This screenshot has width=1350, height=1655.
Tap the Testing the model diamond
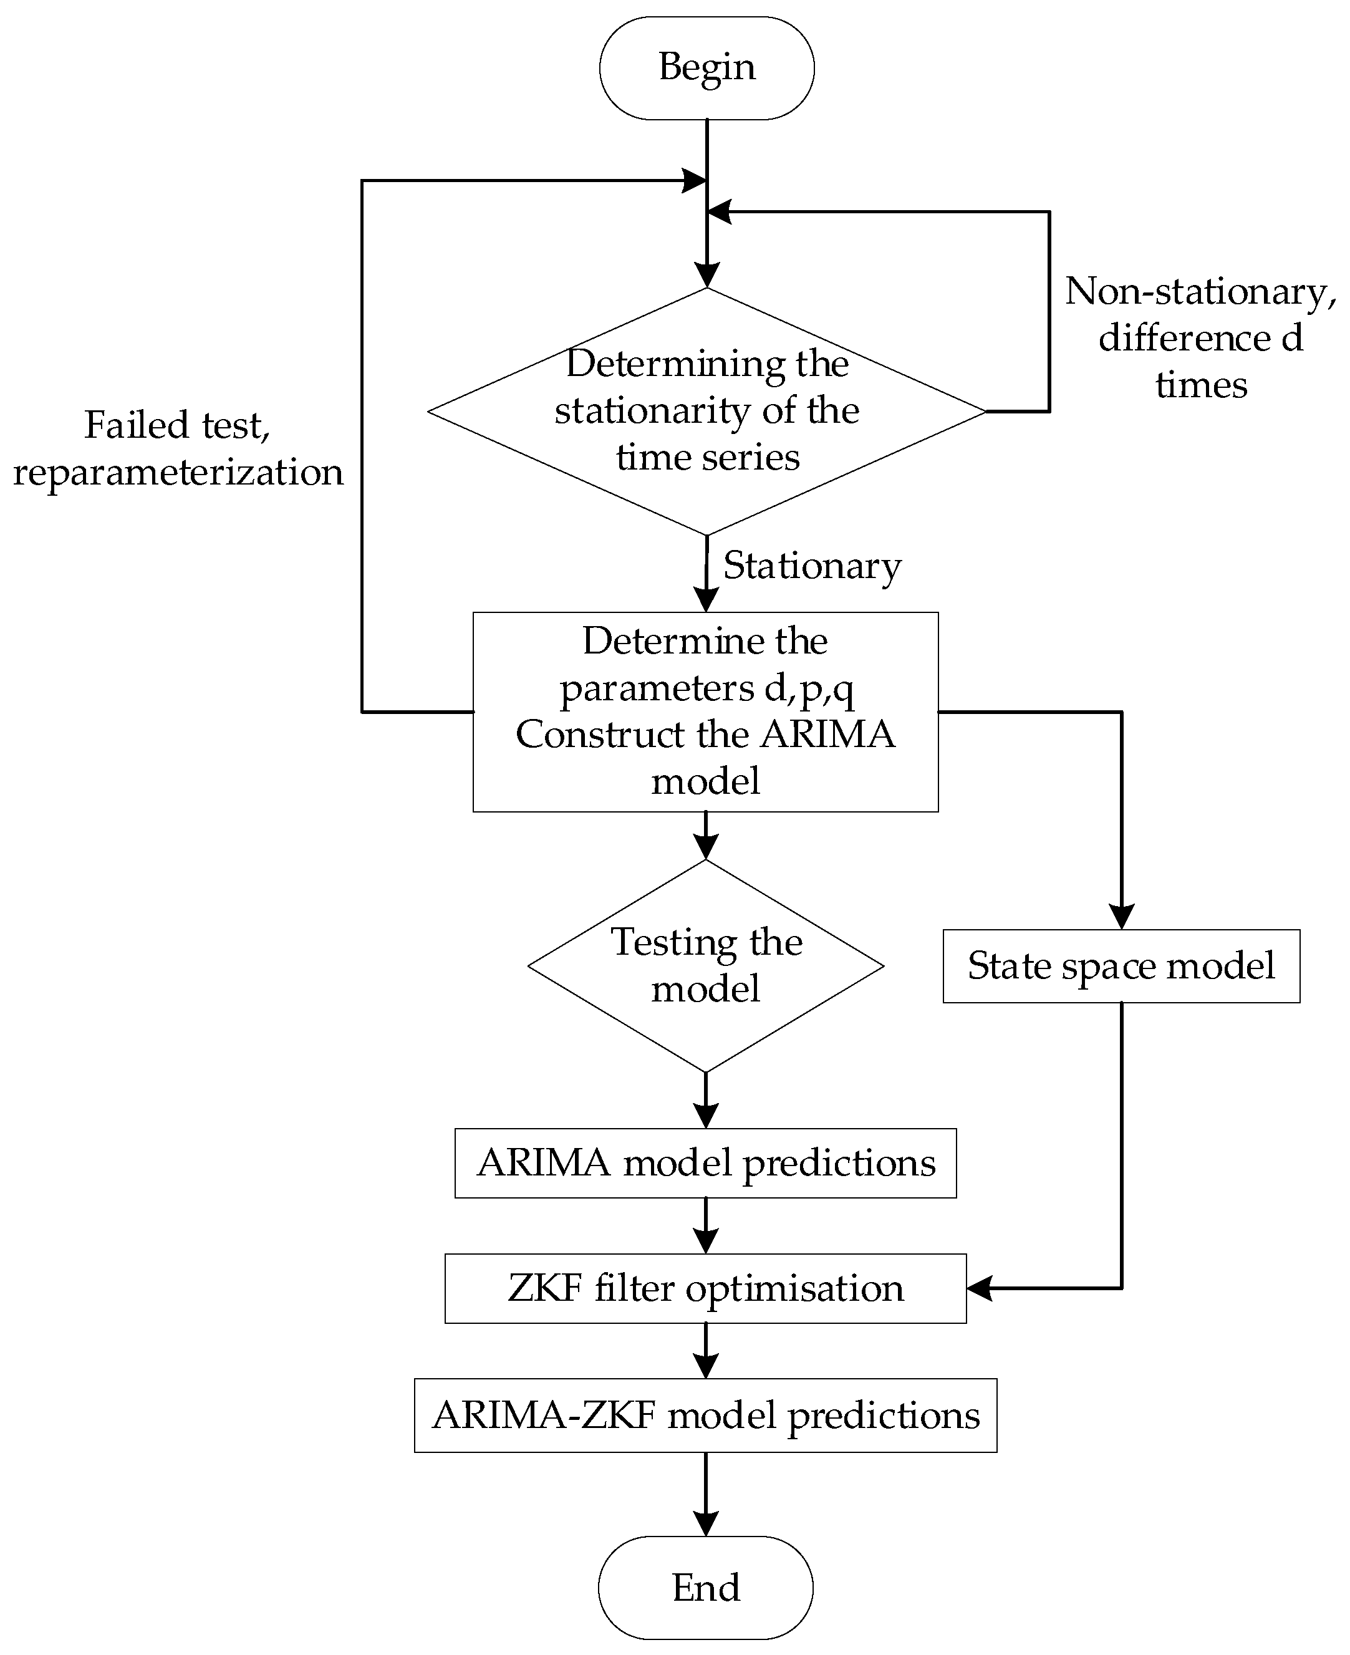[705, 965]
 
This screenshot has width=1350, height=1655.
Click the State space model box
[1121, 966]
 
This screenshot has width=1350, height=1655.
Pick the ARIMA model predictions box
[705, 1163]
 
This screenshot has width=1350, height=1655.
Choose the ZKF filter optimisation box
[705, 1288]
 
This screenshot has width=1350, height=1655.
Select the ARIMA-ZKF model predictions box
[705, 1416]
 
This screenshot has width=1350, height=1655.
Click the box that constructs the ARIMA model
[705, 712]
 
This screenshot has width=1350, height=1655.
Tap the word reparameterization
[178, 472]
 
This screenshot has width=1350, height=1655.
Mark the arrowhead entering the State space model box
[1121, 918]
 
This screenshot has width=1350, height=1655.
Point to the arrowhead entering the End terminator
[705, 1523]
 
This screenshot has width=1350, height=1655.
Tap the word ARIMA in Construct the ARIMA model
[827, 734]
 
